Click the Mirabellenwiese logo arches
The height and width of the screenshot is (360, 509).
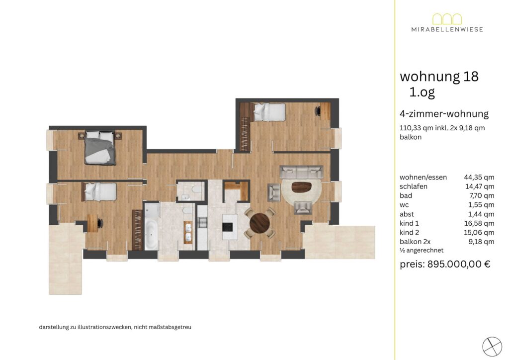point(447,19)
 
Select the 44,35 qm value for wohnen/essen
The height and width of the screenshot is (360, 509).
point(479,177)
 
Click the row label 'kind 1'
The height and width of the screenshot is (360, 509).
point(410,223)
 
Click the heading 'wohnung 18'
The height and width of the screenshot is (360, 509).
point(439,77)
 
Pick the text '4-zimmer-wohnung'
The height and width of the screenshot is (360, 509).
point(444,114)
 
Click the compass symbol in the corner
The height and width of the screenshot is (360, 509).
point(492,347)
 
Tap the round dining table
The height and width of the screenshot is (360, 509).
point(259,223)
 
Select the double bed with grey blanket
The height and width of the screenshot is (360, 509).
point(100,148)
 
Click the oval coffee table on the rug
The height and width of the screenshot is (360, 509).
point(302,187)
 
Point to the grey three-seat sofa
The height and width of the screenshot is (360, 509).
point(302,172)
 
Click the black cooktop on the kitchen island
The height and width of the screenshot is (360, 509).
point(228,226)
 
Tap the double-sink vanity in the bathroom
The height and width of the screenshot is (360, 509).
point(188,232)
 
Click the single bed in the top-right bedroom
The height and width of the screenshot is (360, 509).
point(269,112)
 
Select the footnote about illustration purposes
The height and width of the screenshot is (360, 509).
point(115,327)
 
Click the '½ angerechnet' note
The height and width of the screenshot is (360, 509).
point(422,250)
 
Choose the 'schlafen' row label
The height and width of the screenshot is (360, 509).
point(414,186)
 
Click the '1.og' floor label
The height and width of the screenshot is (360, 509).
point(422,92)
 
